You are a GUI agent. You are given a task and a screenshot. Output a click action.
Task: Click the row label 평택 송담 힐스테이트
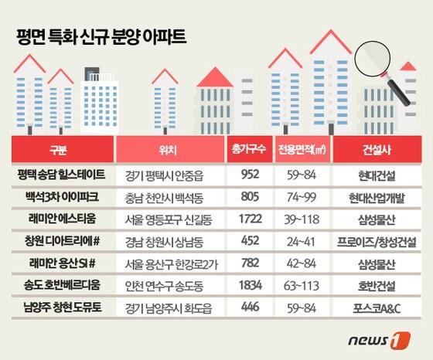[x=65, y=173]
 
